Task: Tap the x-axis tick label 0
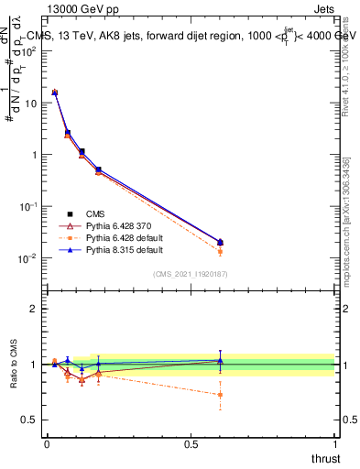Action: [x=47, y=444]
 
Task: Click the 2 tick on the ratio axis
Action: [x=34, y=309]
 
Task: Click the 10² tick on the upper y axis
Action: [x=30, y=51]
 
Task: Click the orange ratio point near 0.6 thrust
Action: [x=220, y=395]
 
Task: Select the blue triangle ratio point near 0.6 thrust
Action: [x=220, y=360]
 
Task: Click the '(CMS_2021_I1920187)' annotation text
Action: [x=191, y=273]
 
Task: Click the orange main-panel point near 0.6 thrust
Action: [x=220, y=251]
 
